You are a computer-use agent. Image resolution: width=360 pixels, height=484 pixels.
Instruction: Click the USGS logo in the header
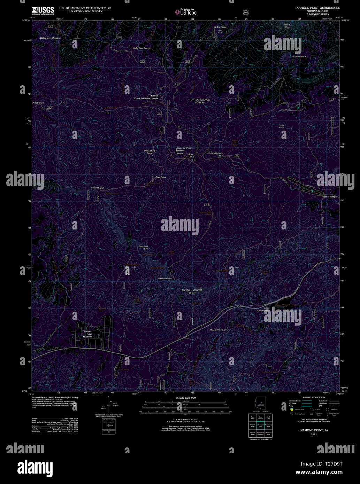coord(43,10)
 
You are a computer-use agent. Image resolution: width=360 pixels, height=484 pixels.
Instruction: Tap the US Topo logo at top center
coord(186,12)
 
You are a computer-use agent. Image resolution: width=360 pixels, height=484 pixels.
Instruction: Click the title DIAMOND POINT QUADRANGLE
coord(317,8)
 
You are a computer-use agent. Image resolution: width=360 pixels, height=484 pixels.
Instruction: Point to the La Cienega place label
coord(220,27)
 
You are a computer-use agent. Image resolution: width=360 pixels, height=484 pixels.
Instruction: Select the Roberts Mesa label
coord(299,56)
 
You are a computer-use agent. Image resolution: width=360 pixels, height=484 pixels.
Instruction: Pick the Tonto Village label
coord(329,197)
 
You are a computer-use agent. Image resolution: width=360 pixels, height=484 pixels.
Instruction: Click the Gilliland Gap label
coord(98,188)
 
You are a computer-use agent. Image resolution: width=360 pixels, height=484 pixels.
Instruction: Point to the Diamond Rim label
coord(144,248)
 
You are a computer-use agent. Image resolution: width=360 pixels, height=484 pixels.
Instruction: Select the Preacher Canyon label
coord(218,330)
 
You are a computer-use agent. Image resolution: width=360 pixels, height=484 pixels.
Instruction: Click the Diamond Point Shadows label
coord(87,334)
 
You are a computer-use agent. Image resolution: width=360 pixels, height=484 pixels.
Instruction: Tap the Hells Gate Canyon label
coord(142,48)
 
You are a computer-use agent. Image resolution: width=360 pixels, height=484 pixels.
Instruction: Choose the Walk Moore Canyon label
coord(50,38)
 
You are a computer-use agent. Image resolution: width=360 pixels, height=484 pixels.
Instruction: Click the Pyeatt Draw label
coord(38,103)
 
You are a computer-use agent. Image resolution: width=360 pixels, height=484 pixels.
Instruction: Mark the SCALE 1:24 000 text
coord(185,398)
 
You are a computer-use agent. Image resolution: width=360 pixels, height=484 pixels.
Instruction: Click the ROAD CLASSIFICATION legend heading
coord(314,397)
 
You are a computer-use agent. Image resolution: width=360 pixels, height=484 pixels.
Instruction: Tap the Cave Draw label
coord(161,177)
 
